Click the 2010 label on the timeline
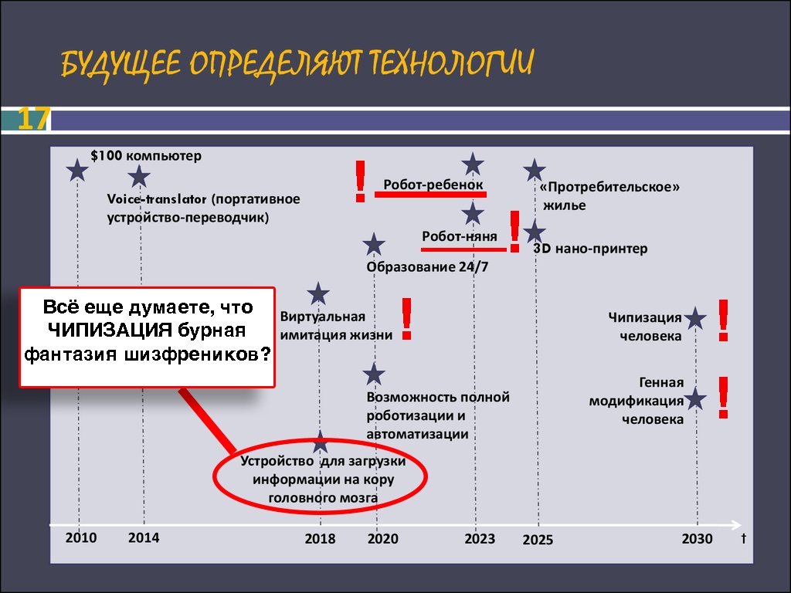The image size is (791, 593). click(x=80, y=537)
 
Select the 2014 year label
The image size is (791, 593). click(x=144, y=537)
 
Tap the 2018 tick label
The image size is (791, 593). click(x=320, y=538)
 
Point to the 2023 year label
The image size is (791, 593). click(x=480, y=538)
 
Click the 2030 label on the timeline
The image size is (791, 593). click(x=698, y=538)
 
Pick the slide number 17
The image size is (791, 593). click(x=33, y=119)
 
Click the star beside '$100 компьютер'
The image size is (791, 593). click(x=77, y=170)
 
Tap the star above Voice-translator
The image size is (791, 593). click(x=139, y=177)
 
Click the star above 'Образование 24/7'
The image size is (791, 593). click(x=374, y=245)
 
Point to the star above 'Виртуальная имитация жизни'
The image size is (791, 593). click(x=318, y=293)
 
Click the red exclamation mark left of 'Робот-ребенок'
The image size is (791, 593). click(x=360, y=181)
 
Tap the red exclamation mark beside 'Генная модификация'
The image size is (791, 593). click(x=723, y=398)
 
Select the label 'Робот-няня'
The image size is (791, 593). click(x=460, y=236)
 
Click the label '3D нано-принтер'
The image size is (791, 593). click(x=591, y=248)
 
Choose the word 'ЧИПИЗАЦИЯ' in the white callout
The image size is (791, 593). click(x=110, y=330)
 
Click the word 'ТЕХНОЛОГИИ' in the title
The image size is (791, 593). click(x=450, y=63)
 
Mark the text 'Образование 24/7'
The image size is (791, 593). click(x=427, y=266)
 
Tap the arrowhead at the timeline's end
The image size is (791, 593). click(x=737, y=525)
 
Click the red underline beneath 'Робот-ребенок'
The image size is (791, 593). click(x=430, y=194)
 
